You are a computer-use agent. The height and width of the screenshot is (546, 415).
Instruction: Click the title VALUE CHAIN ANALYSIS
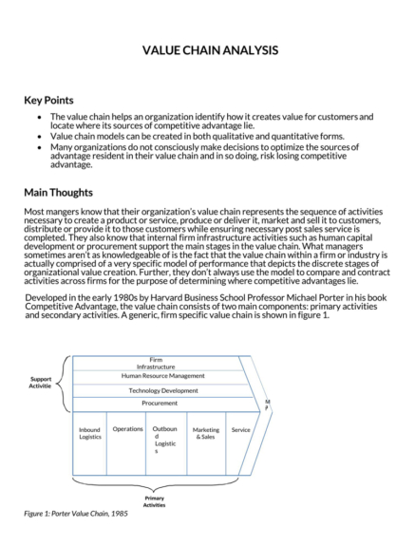pyautogui.click(x=210, y=49)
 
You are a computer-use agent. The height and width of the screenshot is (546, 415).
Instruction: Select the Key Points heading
pyautogui.click(x=48, y=101)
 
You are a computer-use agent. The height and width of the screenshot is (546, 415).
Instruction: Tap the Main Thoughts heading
pyautogui.click(x=59, y=192)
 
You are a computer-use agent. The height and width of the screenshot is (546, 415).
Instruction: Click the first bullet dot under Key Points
pyautogui.click(x=38, y=117)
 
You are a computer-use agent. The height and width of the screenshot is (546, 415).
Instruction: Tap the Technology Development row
pyautogui.click(x=162, y=390)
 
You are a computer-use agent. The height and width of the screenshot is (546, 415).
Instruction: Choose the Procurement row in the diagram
pyautogui.click(x=160, y=404)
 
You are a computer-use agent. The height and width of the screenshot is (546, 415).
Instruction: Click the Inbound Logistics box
pyautogui.click(x=89, y=434)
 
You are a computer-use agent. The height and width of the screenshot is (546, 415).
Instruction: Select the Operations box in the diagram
pyautogui.click(x=127, y=430)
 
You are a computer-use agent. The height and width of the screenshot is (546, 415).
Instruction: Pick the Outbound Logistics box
pyautogui.click(x=165, y=440)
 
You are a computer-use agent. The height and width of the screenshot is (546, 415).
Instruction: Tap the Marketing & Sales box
pyautogui.click(x=204, y=434)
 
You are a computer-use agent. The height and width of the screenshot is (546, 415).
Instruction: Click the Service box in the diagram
pyautogui.click(x=240, y=430)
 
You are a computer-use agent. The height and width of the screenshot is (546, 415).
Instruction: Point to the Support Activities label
pyautogui.click(x=39, y=382)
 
